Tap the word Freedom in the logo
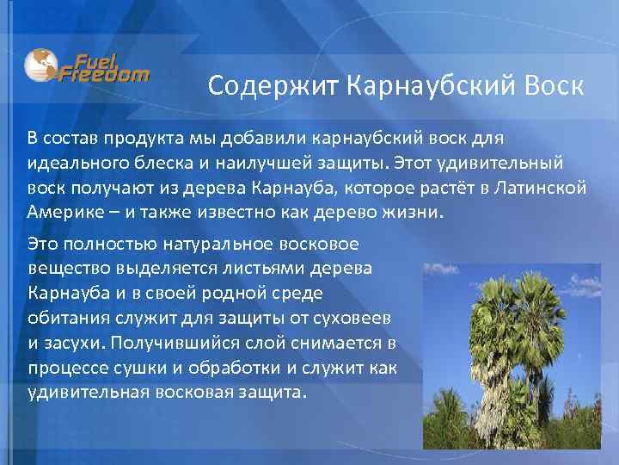click(x=104, y=74)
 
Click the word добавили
click(x=256, y=139)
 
